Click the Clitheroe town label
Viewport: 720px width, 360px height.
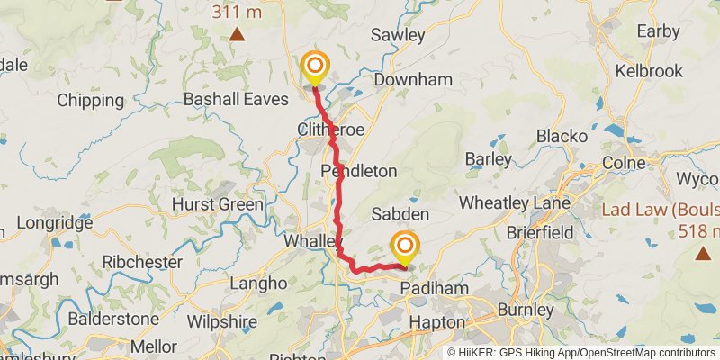[330, 130]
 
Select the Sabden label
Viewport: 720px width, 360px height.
[400, 215]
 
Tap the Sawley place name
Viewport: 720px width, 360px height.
[397, 35]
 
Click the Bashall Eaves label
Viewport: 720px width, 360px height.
[235, 99]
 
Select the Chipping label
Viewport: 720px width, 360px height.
[90, 100]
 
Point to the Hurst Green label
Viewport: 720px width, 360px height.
[218, 204]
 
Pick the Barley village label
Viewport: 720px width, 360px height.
[489, 159]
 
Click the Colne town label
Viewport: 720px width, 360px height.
[624, 163]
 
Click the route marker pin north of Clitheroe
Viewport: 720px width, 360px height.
[315, 67]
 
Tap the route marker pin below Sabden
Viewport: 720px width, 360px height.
[405, 246]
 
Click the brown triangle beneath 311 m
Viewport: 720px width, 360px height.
[237, 35]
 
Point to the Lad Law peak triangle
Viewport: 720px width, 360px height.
[702, 254]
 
